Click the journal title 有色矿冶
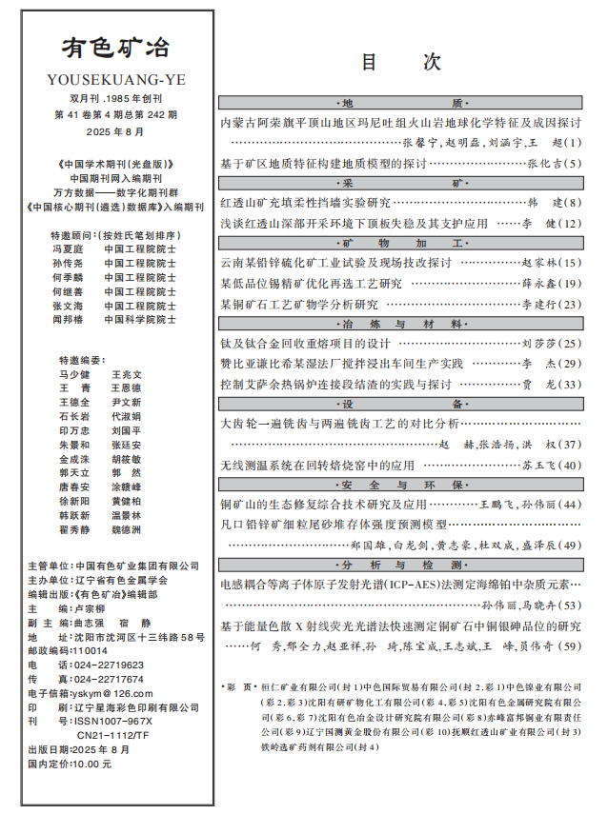coord(116,49)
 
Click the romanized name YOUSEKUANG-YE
coord(116,79)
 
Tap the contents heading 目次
coord(400,63)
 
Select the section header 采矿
coord(400,181)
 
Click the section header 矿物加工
coord(400,243)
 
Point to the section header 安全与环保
coord(400,485)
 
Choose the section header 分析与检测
coord(400,565)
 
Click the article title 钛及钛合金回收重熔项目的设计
coord(306,344)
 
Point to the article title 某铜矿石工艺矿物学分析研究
coord(299,304)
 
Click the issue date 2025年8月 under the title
coord(116,130)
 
